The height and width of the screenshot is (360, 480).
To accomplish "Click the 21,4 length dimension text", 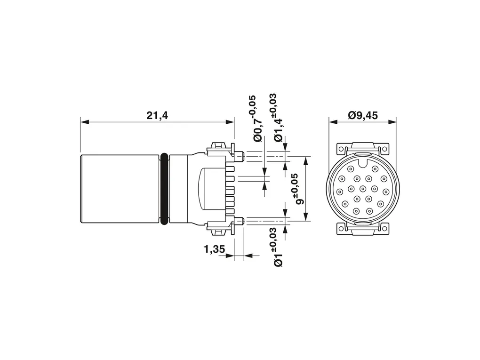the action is (x=157, y=115).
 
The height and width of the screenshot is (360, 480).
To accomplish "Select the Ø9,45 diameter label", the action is (x=363, y=115).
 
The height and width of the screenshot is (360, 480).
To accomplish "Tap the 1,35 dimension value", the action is (x=214, y=249).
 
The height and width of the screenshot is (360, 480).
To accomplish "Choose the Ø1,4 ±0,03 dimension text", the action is (x=278, y=118).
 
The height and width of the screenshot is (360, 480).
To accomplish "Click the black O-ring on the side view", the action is (x=164, y=189).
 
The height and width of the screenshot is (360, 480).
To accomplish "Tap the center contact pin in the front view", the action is (x=363, y=188).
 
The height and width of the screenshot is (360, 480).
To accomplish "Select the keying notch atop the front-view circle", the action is (x=362, y=164).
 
